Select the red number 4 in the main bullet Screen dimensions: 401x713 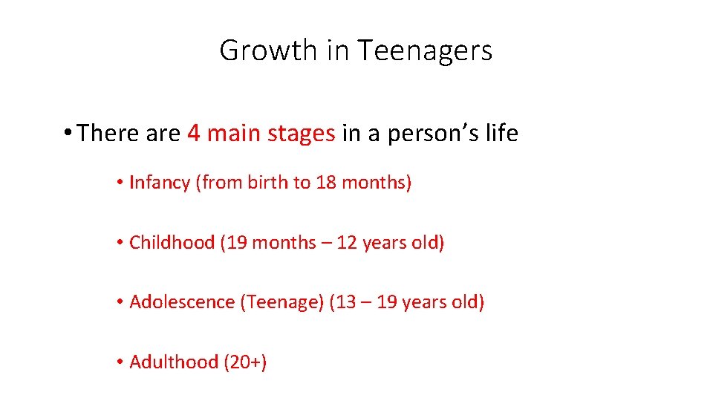194,134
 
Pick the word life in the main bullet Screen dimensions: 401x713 503,134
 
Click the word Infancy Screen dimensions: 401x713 160,183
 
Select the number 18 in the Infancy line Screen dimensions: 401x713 326,183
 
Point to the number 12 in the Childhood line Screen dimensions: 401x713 347,243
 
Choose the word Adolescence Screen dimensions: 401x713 182,302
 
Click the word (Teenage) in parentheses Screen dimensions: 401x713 281,302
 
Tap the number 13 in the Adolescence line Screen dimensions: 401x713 345,302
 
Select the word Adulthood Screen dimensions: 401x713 172,362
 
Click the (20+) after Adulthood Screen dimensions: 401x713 243,362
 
